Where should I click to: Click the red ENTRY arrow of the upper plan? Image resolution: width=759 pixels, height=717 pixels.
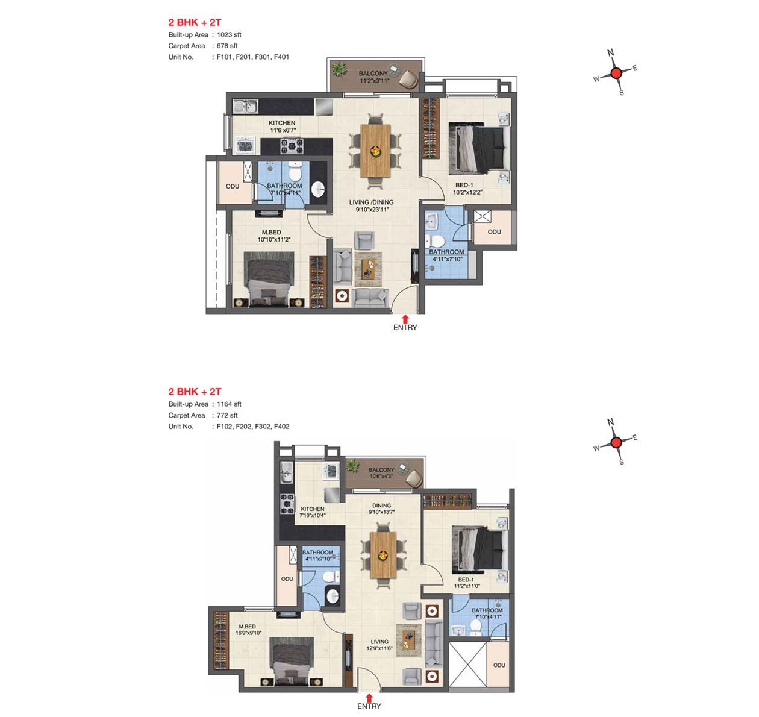405,319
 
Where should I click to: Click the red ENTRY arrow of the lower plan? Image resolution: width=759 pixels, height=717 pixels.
369,698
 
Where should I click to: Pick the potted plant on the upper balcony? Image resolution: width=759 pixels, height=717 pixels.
339,70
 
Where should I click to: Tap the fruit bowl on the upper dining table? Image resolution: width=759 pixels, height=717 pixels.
376,151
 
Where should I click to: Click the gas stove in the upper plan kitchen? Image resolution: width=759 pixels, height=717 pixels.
292,146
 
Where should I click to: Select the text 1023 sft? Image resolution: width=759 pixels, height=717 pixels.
229,34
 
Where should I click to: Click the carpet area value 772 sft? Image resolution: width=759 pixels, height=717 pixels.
227,415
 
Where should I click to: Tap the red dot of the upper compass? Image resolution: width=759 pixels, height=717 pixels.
616,73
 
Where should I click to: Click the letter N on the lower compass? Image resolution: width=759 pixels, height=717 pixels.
610,422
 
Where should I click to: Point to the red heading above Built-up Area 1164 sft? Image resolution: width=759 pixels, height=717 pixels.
195,392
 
